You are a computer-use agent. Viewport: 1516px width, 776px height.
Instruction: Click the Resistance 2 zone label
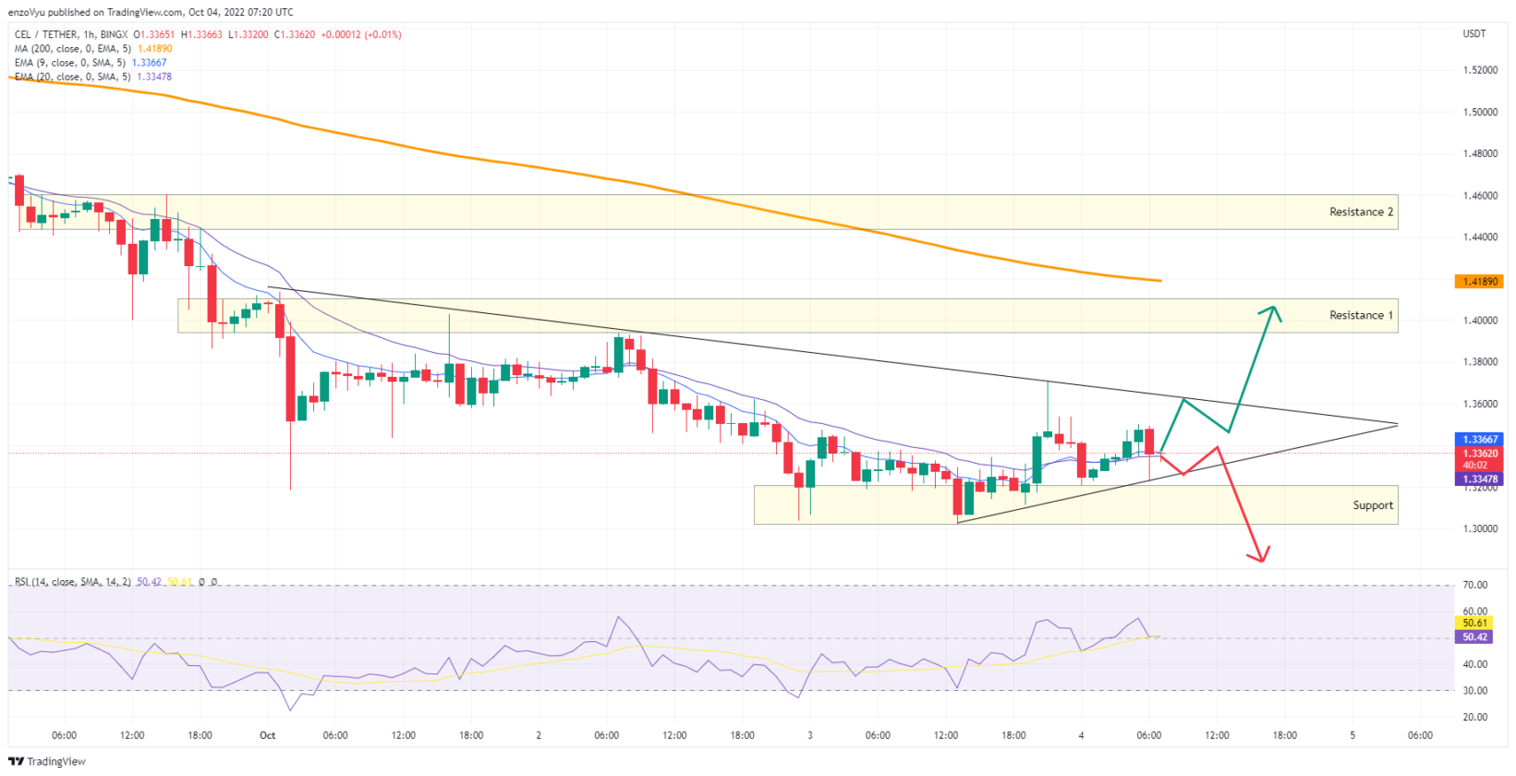click(1360, 212)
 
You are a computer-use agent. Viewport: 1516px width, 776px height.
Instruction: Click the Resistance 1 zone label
click(1360, 316)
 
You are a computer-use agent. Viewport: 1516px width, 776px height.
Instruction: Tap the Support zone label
click(1372, 505)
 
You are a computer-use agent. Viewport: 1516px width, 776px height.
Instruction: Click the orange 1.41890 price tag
click(1479, 281)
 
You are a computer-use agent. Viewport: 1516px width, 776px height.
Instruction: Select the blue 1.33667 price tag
click(1479, 440)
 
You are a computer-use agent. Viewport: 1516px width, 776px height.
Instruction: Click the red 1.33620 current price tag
click(1479, 454)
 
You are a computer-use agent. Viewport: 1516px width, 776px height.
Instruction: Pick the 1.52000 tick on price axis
click(1480, 70)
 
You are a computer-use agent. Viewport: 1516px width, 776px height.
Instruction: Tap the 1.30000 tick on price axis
click(1480, 529)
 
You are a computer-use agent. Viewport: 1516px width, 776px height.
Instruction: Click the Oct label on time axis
click(267, 735)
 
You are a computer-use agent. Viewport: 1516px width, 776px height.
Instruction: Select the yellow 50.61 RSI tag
click(1475, 624)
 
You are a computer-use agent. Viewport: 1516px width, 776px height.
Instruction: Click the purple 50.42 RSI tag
click(1475, 637)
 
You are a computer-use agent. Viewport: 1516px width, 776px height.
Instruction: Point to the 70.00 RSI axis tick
click(1475, 585)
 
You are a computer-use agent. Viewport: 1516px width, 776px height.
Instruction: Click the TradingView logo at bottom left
click(47, 761)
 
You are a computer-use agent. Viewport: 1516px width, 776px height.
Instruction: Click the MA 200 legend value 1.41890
click(154, 49)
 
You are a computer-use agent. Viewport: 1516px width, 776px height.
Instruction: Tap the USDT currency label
click(1474, 34)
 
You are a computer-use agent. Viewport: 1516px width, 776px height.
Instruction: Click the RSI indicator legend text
click(72, 582)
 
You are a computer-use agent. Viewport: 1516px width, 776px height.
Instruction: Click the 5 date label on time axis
click(1352, 735)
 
